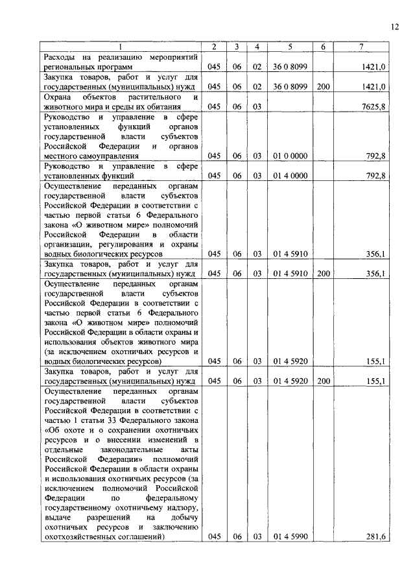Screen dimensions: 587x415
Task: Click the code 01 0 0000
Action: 290,156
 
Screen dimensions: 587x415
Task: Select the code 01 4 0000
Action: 290,175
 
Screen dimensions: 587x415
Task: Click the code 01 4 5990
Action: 290,537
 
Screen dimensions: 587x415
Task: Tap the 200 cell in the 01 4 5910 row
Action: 324,274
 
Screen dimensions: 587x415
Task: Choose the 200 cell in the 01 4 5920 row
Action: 324,381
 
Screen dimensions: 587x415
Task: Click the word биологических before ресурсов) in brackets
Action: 101,361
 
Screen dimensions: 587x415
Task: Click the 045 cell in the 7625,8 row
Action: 215,106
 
